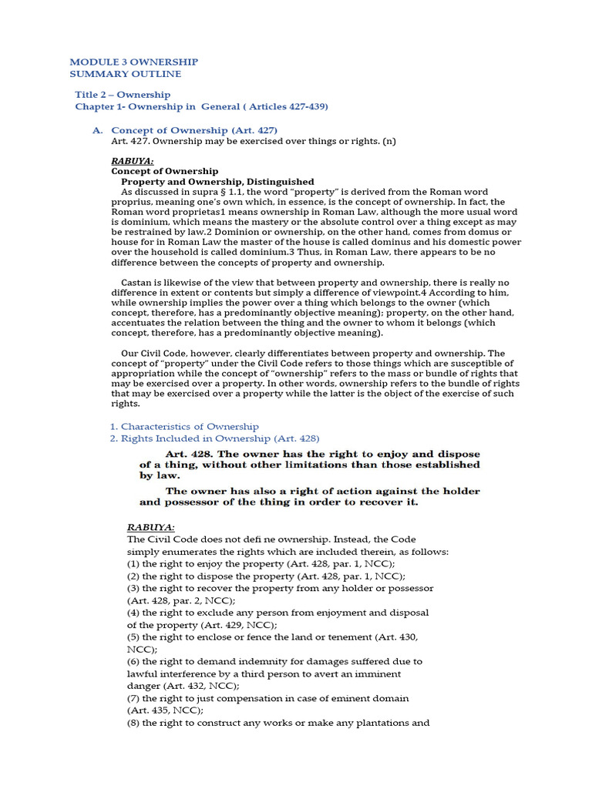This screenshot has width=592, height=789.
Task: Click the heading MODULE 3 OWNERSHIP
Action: [133, 62]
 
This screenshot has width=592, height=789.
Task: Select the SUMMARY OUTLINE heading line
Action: [126, 74]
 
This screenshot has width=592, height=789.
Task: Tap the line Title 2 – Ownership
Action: [123, 95]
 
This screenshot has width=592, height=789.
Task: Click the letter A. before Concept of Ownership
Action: [97, 130]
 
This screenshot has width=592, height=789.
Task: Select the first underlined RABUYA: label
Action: [133, 160]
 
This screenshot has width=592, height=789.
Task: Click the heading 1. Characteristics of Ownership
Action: [183, 426]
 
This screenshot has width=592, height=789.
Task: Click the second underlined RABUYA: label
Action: [151, 527]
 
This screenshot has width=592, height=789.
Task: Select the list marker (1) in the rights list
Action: [133, 563]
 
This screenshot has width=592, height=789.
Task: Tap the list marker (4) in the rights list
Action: [133, 613]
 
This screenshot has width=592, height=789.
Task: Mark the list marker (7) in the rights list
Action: [133, 698]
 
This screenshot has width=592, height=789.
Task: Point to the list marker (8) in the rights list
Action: [133, 723]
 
